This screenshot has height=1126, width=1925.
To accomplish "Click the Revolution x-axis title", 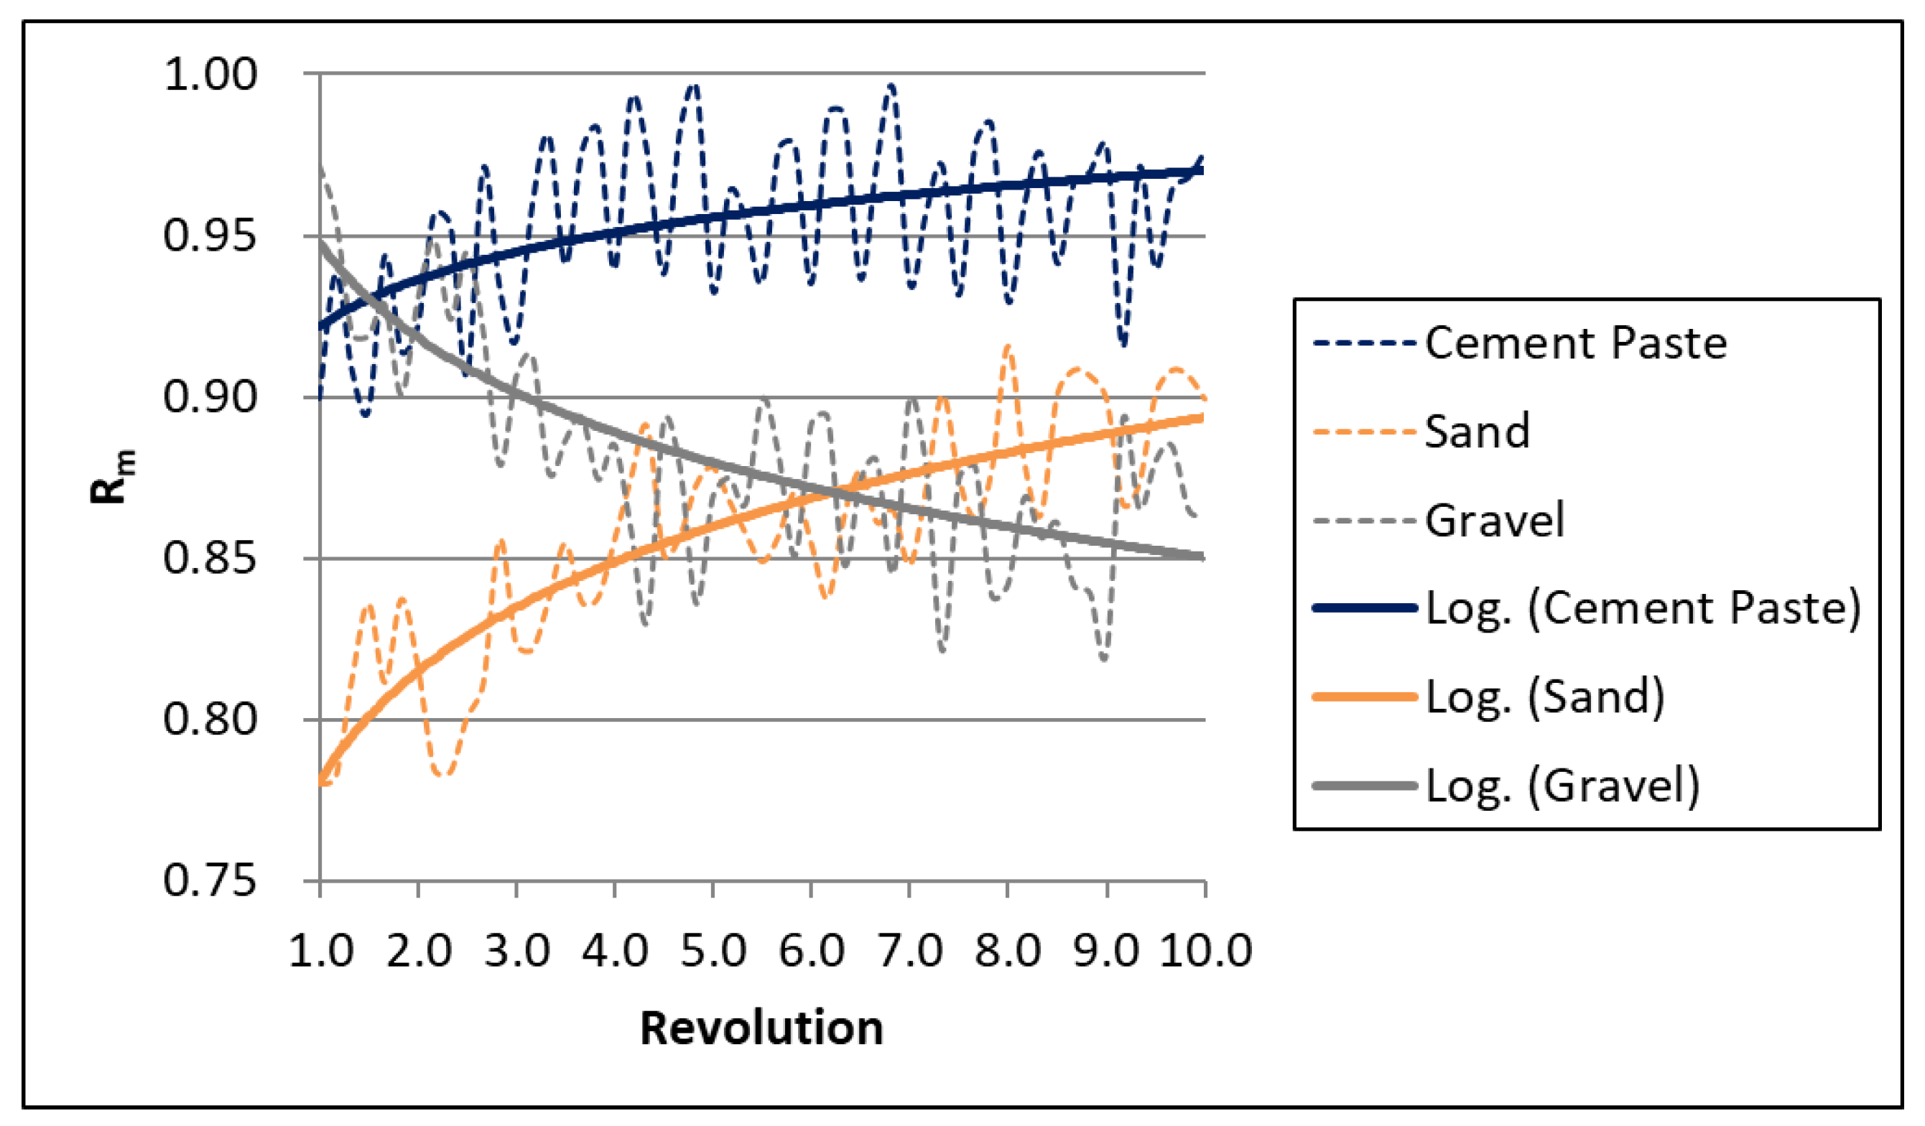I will click(761, 1028).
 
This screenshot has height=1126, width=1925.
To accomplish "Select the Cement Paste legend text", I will click(1575, 343).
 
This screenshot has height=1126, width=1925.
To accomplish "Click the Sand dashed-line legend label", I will click(1478, 432).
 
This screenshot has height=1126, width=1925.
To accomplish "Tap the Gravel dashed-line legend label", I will click(1495, 521).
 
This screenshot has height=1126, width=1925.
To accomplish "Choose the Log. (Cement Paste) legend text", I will click(1643, 609).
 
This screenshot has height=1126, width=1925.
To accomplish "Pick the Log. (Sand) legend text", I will click(1544, 697).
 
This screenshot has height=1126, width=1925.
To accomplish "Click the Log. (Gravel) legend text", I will click(1563, 786).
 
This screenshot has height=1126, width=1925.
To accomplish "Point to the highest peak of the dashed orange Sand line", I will click(1008, 347).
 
